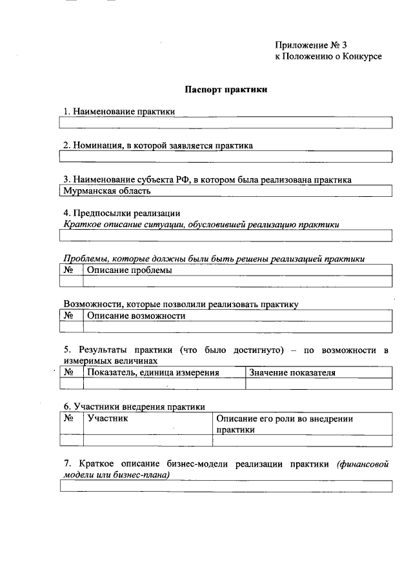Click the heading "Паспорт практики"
226,90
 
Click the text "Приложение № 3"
311,45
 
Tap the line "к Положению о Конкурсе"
328,57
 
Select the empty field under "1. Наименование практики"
226,123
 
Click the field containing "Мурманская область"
226,191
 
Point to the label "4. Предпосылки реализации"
121,213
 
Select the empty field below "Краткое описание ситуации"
226,236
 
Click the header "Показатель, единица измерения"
164,372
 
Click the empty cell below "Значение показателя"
318,384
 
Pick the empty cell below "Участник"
148,441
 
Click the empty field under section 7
226,487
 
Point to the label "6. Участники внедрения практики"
134,407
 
